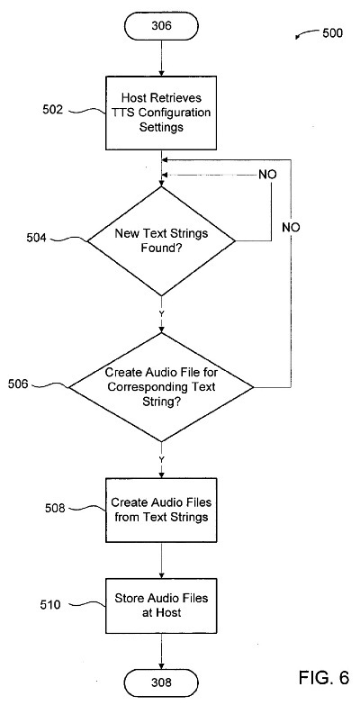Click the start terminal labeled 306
click(162, 25)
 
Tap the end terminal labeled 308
click(162, 682)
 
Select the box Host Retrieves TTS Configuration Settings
click(162, 113)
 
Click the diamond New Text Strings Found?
click(162, 241)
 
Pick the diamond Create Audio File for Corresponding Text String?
click(162, 387)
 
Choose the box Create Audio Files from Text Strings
click(162, 510)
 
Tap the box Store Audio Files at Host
click(162, 605)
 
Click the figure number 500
click(332, 33)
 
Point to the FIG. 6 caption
click(324, 677)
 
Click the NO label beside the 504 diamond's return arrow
click(267, 175)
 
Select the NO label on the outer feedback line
click(291, 227)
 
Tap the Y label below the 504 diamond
click(162, 313)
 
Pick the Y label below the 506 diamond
click(162, 459)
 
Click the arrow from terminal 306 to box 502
click(162, 58)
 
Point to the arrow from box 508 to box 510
click(162, 561)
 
